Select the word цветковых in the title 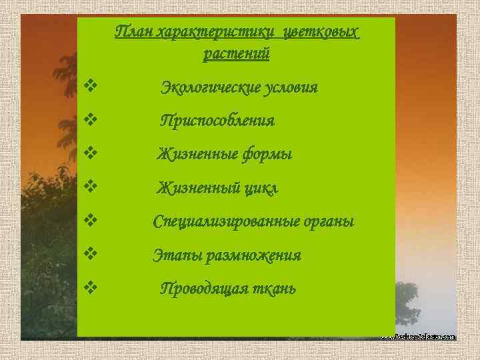[321, 31]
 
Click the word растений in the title [237, 53]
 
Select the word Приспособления [217, 121]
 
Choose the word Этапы [175, 255]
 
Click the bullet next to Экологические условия [91, 86]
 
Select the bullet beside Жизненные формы [91, 153]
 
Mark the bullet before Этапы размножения [91, 254]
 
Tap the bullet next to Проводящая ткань [91, 287]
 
